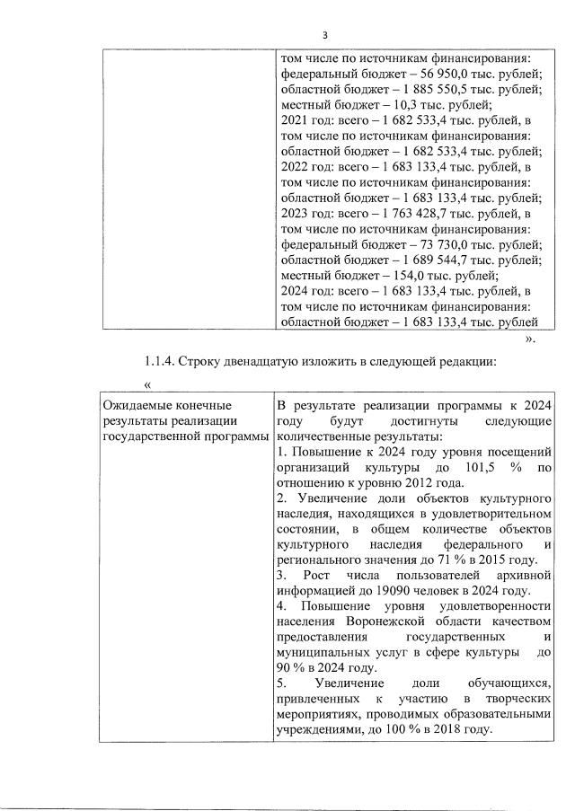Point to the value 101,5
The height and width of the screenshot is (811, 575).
[x=477, y=468]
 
